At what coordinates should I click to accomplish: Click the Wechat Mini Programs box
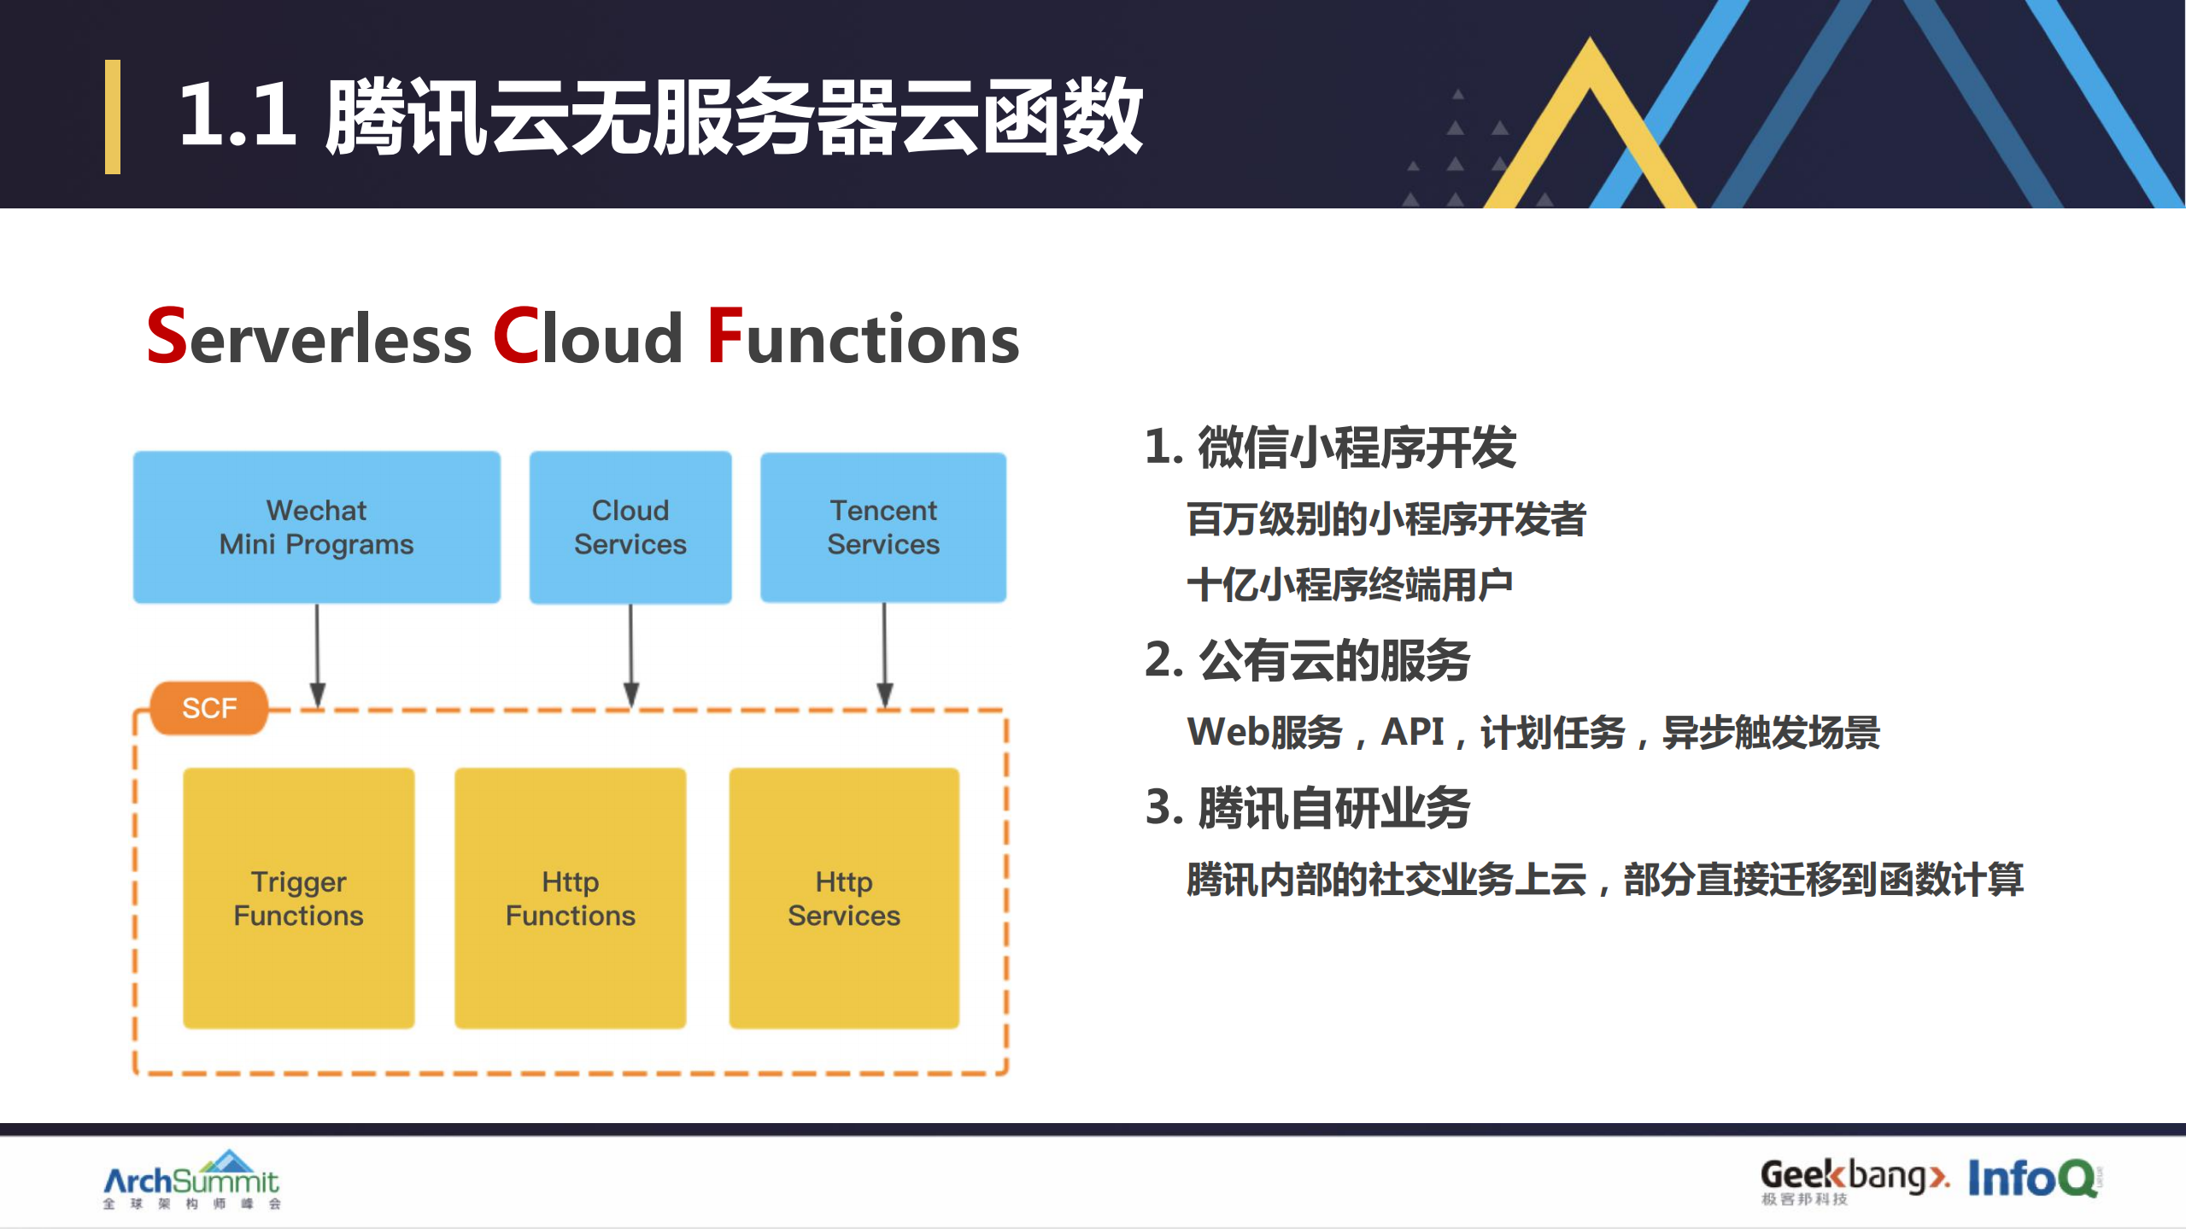pos(316,527)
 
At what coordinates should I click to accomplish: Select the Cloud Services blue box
pos(630,527)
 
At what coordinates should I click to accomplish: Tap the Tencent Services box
pos(883,527)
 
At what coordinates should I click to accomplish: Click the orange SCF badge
pos(209,708)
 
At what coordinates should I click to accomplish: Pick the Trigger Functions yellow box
pos(299,898)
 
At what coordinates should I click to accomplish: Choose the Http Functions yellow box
pos(571,898)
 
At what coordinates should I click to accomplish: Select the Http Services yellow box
pos(844,898)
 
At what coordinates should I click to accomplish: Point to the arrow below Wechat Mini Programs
pos(317,653)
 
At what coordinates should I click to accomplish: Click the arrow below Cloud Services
pos(631,653)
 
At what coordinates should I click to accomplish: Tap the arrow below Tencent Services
pos(885,653)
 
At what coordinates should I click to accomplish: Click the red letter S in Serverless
pos(167,337)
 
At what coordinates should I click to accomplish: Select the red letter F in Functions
pos(724,337)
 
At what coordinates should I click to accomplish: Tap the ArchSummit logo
pos(191,1180)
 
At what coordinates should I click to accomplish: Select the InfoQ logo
pos(2033,1179)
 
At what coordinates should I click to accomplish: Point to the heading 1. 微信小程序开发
pos(1330,448)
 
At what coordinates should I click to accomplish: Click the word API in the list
pos(1413,732)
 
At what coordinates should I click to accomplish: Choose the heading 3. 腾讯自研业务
pos(1307,808)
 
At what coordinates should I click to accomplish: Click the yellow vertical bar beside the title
pos(113,117)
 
